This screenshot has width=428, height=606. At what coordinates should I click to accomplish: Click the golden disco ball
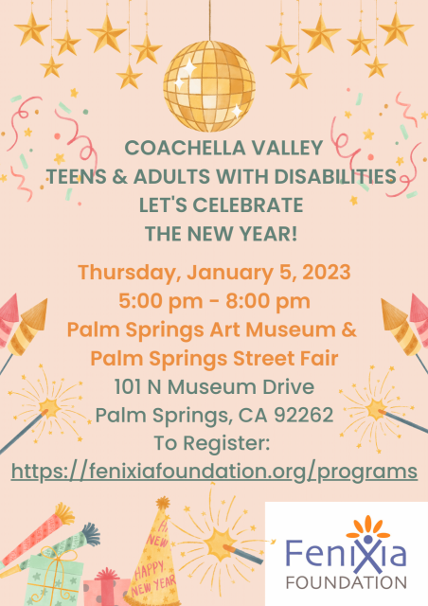[x=208, y=86]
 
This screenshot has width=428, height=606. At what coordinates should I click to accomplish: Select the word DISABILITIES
[x=335, y=177]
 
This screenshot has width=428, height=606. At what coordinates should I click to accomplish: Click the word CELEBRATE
[x=248, y=205]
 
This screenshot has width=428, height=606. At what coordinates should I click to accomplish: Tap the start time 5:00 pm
[x=160, y=302]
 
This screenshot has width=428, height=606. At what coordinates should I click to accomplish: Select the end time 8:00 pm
[x=268, y=302]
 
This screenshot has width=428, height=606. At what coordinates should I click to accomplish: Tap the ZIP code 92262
[x=304, y=415]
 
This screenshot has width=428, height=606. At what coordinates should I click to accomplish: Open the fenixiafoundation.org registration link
[x=214, y=472]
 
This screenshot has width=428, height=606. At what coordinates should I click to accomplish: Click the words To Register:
[x=212, y=444]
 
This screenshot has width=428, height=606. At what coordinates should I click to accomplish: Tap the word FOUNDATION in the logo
[x=346, y=582]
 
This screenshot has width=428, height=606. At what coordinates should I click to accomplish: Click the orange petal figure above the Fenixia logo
[x=367, y=527]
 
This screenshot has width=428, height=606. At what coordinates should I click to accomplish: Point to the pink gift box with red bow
[x=106, y=587]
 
